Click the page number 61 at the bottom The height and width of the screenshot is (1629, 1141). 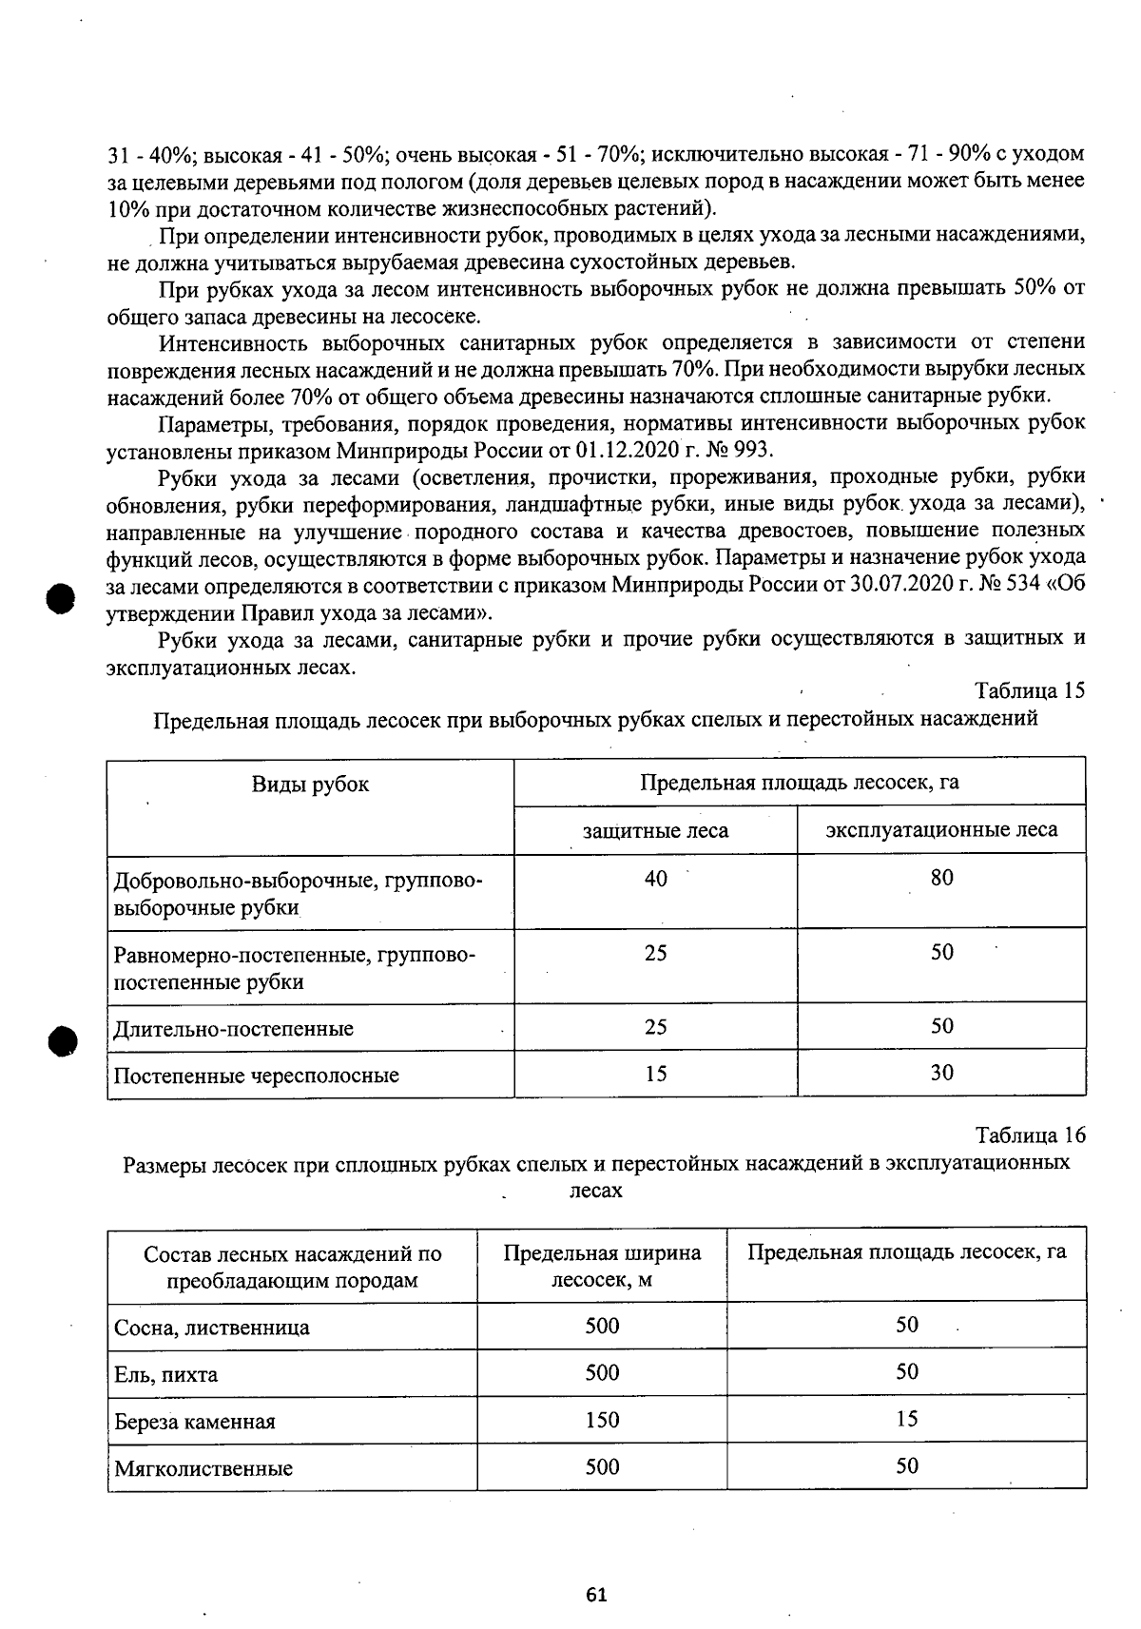tap(597, 1595)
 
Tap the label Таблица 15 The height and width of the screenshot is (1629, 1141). tap(1030, 690)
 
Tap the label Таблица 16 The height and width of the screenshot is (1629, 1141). tap(1030, 1135)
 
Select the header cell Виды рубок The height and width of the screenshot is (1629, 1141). tap(310, 785)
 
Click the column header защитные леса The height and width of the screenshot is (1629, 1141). tap(655, 830)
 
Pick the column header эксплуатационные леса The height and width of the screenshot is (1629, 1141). tap(941, 830)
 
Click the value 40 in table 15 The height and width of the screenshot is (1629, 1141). tap(655, 879)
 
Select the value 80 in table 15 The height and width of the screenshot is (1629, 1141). tap(941, 878)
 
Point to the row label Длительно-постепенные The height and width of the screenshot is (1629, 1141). tap(234, 1029)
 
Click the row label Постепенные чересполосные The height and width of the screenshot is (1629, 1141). tap(256, 1076)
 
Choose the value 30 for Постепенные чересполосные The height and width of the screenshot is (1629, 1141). tap(941, 1073)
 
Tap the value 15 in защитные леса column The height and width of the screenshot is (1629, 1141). tap(655, 1074)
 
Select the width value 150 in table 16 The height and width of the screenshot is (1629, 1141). tap(602, 1420)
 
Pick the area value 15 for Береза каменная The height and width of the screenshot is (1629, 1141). tap(907, 1419)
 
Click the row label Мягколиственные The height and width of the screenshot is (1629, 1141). tap(203, 1468)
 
